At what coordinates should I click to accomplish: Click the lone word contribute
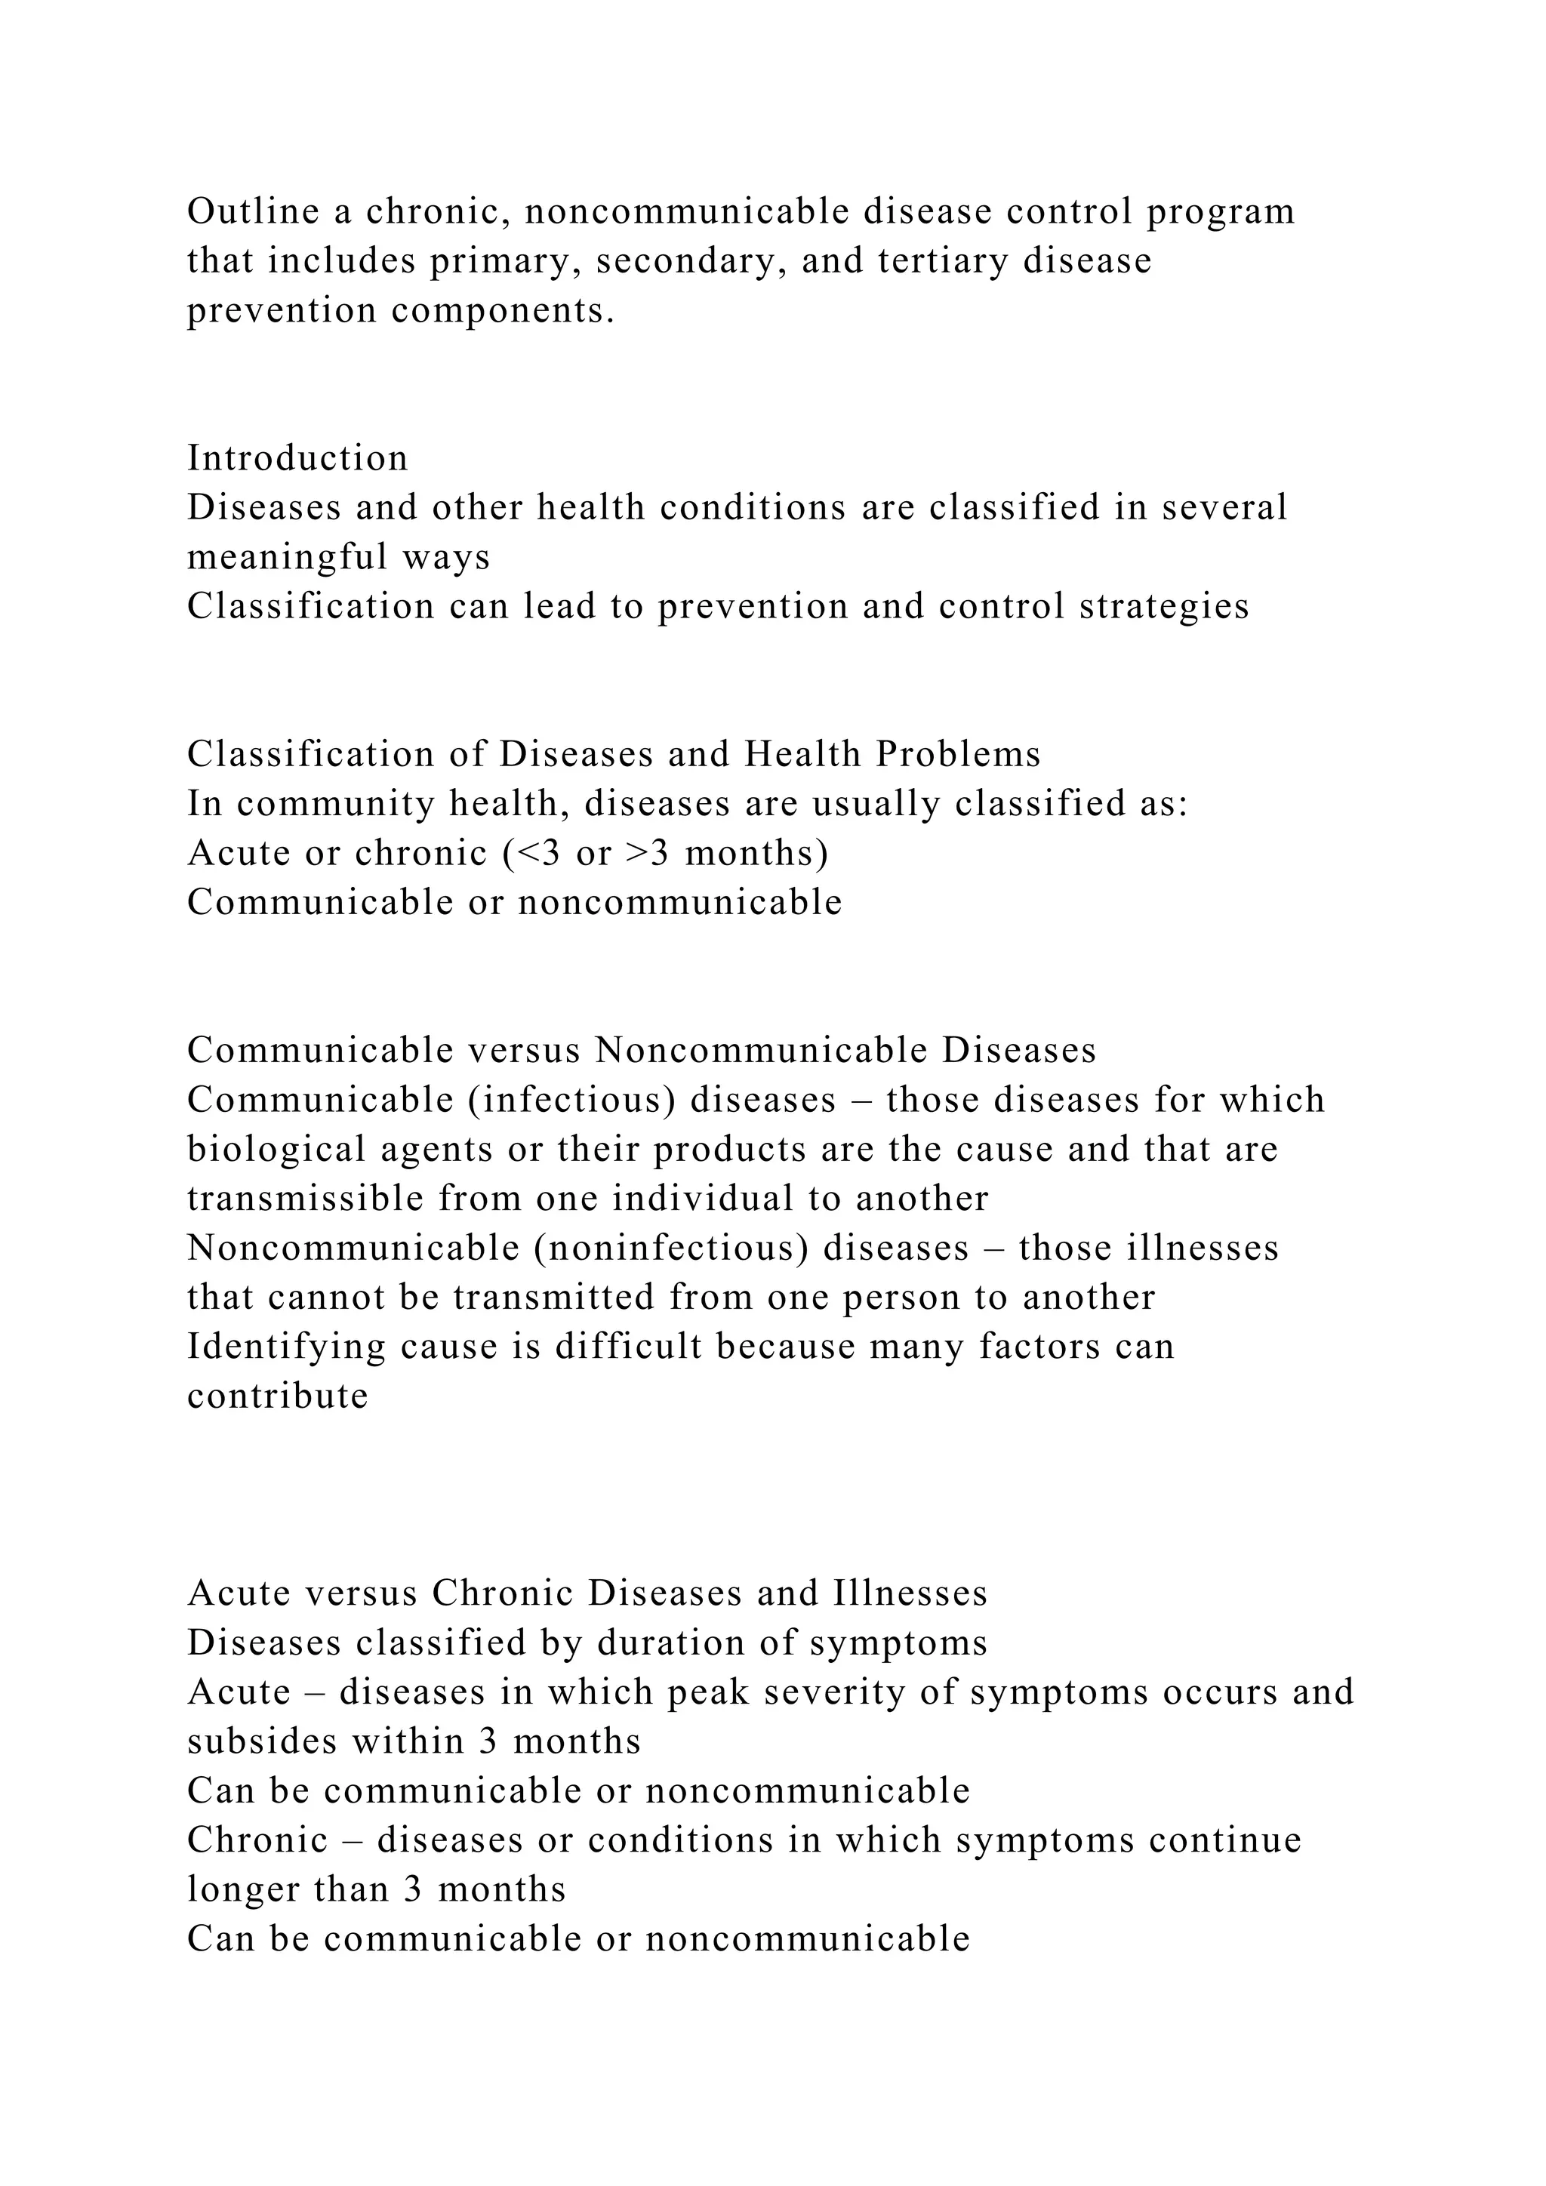pos(278,1396)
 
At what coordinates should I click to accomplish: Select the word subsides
pos(262,1742)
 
